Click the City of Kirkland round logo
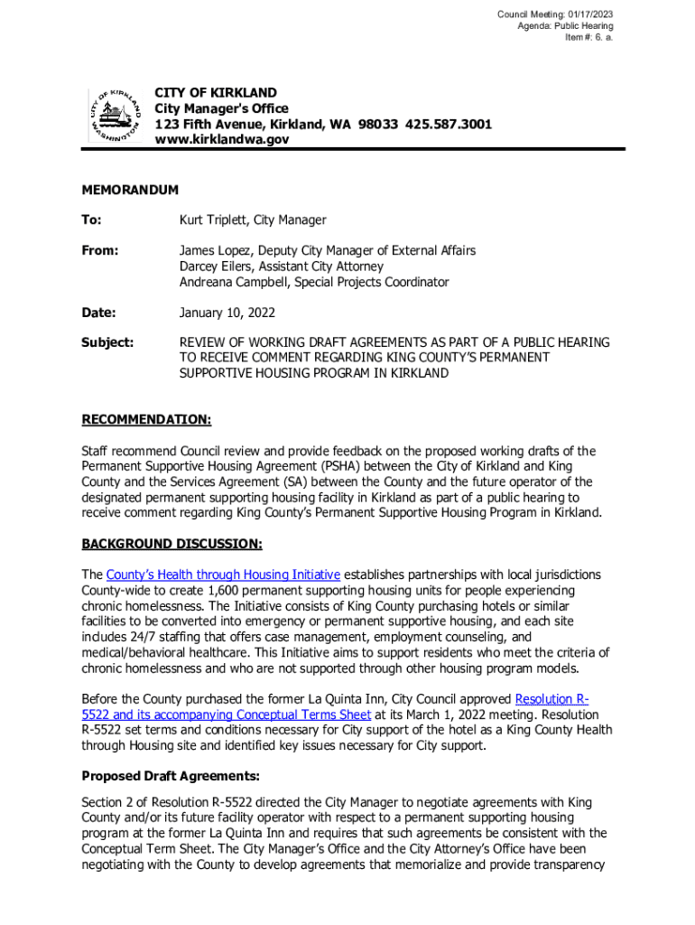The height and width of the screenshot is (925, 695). click(116, 116)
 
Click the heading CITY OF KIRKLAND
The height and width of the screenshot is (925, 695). click(216, 93)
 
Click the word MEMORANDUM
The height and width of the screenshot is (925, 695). click(130, 190)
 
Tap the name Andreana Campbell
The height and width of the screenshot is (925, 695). click(236, 282)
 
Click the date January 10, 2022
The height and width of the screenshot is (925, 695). click(227, 313)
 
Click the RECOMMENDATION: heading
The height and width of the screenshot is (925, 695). click(146, 420)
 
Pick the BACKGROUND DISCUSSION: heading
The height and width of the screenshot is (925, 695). click(171, 544)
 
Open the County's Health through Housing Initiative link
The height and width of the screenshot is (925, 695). click(223, 575)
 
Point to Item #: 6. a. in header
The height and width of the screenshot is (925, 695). click(589, 38)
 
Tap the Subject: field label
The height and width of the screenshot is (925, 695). click(107, 342)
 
